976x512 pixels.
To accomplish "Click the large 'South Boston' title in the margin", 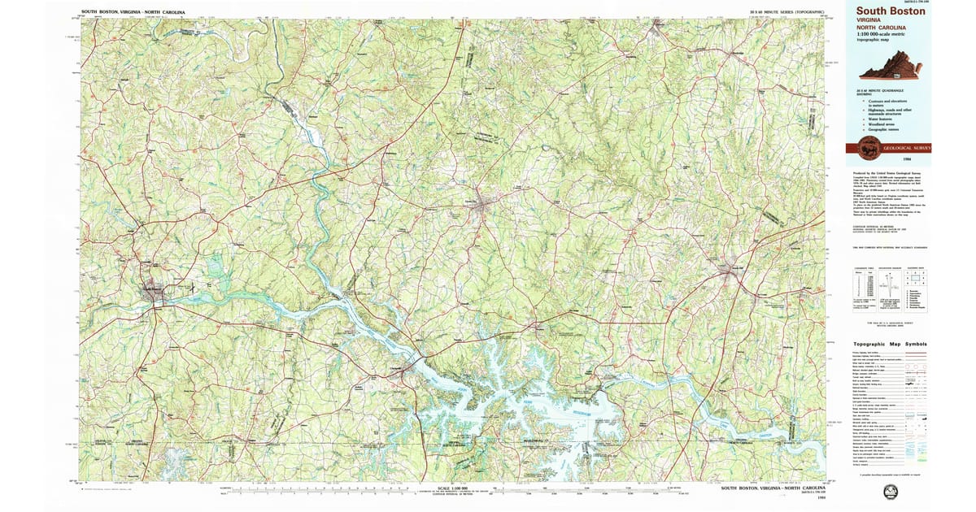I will point(890,11).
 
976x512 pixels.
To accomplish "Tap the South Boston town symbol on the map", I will point(153,290).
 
